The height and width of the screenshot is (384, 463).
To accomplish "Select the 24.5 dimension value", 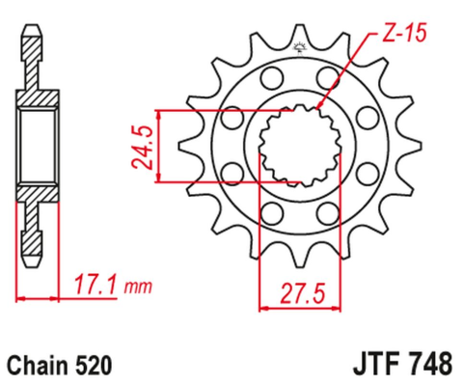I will pyautogui.click(x=142, y=144).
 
